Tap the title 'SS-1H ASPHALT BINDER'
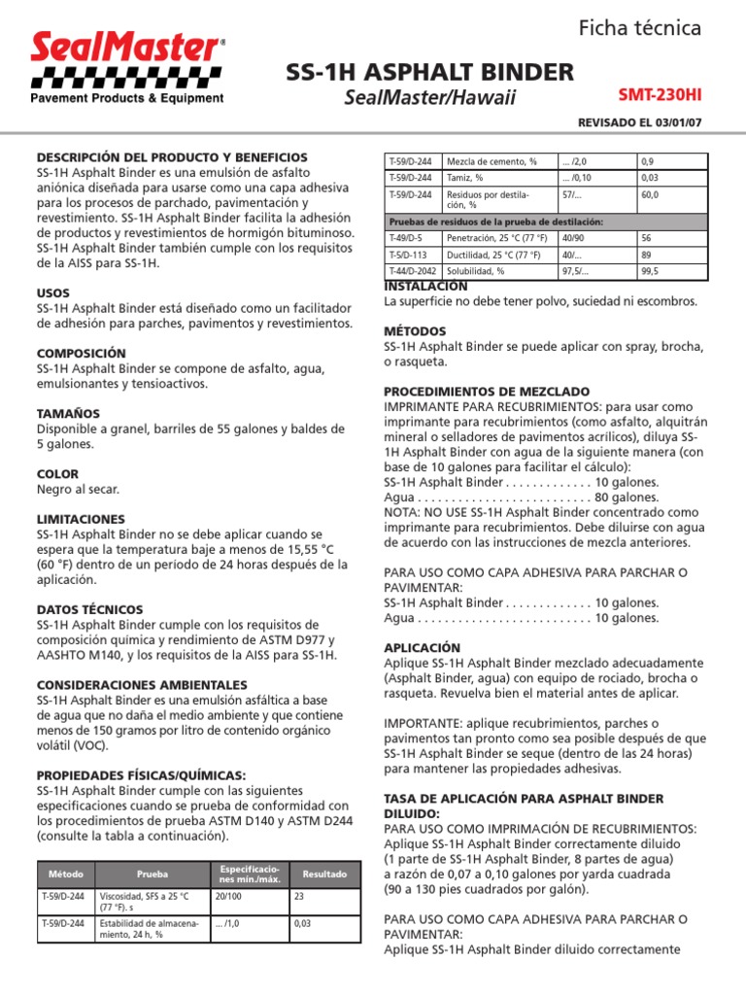[429, 72]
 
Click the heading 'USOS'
[53, 292]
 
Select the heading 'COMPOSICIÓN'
[81, 353]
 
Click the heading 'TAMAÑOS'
[68, 414]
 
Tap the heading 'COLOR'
[57, 474]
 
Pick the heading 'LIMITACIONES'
[82, 520]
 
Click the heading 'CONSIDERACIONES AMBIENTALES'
[142, 684]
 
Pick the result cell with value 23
[299, 896]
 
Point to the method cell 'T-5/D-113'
[405, 255]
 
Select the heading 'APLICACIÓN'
[424, 647]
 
